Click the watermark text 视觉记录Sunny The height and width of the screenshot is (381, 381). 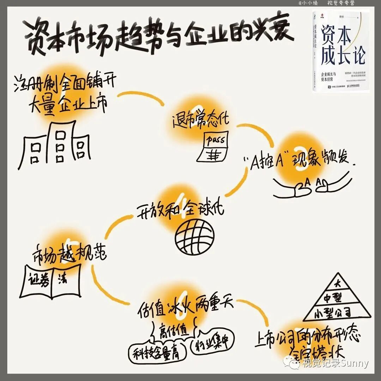(x=335, y=363)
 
